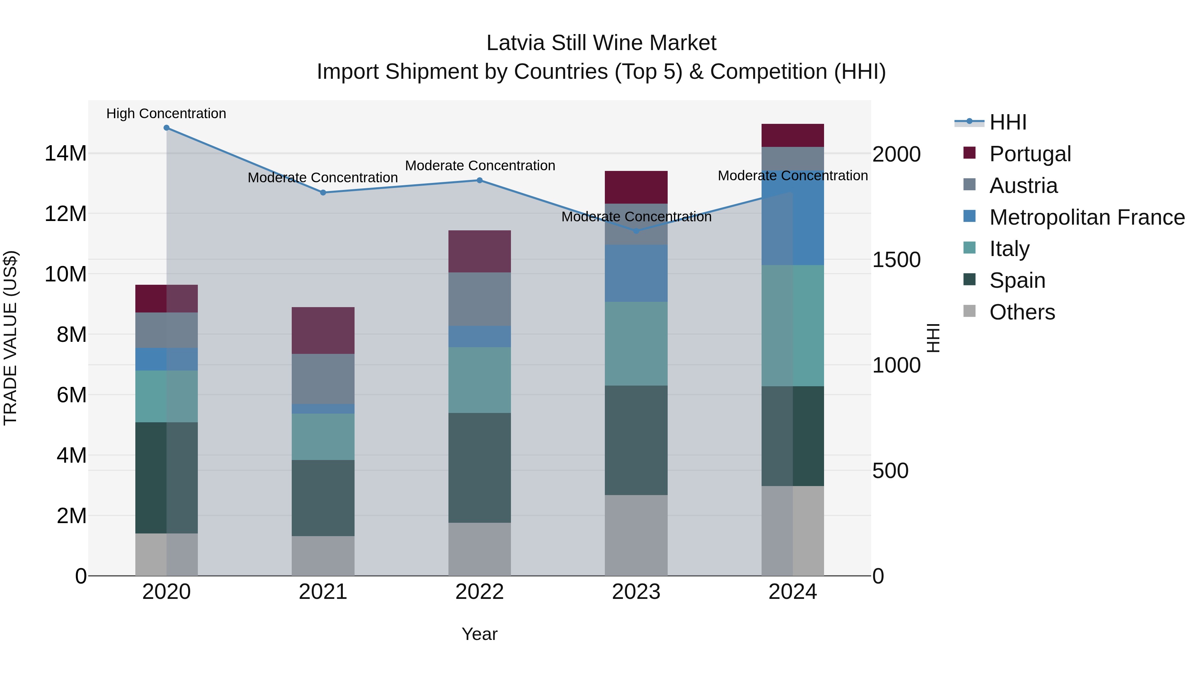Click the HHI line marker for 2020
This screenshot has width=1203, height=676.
[x=166, y=128]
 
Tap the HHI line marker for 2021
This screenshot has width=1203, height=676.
[x=323, y=193]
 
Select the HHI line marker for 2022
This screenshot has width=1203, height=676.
[x=480, y=181]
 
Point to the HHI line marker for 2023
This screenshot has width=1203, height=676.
[x=636, y=231]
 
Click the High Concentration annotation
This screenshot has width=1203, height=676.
[x=166, y=114]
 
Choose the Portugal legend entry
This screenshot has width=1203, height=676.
[x=1030, y=154]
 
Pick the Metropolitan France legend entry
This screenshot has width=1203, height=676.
[x=1087, y=217]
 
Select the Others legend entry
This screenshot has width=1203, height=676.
[x=1022, y=312]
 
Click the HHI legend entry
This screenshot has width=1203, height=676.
[x=1008, y=122]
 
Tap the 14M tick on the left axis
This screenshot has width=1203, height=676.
[x=65, y=154]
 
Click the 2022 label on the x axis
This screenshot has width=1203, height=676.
[x=480, y=592]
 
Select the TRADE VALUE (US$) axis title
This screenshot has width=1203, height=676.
[x=10, y=338]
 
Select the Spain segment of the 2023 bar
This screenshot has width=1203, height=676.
[x=636, y=440]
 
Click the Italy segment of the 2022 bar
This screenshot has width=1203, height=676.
[x=480, y=380]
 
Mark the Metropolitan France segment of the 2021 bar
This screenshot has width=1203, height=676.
[x=323, y=409]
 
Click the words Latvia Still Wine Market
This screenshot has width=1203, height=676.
[x=601, y=43]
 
